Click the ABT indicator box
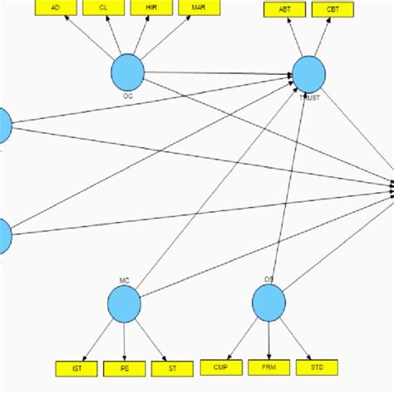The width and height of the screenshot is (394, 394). pos(283,10)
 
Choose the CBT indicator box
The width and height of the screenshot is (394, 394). pos(332,10)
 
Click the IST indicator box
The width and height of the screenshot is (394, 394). pos(76,367)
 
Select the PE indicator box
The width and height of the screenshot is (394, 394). pos(124,367)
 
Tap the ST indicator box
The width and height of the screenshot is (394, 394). pos(172,367)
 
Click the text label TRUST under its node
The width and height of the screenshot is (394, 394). pos(308,97)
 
